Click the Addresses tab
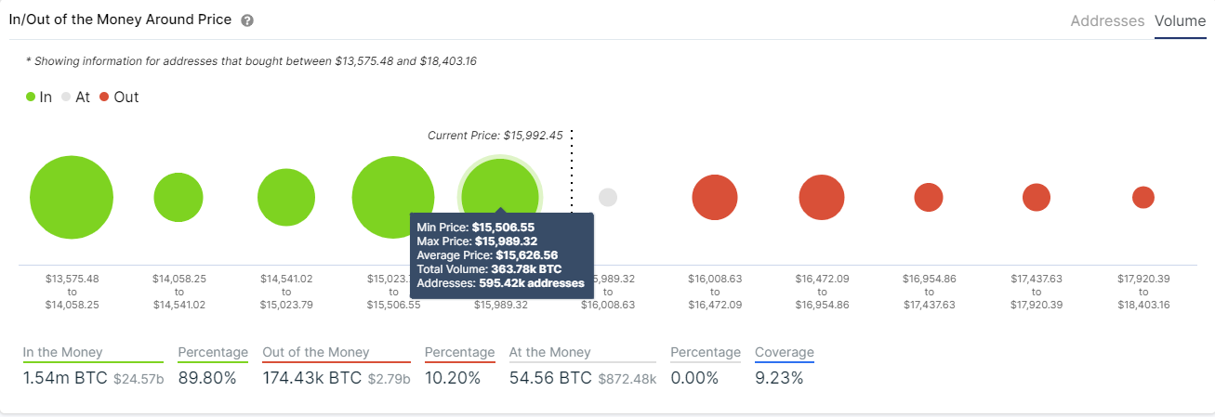pyautogui.click(x=1107, y=20)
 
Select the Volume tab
pyautogui.click(x=1180, y=20)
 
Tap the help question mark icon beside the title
pyautogui.click(x=246, y=20)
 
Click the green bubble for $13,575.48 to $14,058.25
pyautogui.click(x=72, y=198)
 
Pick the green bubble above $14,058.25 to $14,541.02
pyautogui.click(x=178, y=197)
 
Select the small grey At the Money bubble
pyautogui.click(x=608, y=197)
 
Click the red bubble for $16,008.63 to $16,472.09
pyautogui.click(x=715, y=197)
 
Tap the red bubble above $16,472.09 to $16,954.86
pyautogui.click(x=822, y=197)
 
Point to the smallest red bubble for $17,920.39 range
pyautogui.click(x=1143, y=197)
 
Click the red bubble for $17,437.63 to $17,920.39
pyautogui.click(x=1037, y=197)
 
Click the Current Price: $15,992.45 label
pyautogui.click(x=495, y=136)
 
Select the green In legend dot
pyautogui.click(x=31, y=97)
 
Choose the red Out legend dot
pyautogui.click(x=104, y=97)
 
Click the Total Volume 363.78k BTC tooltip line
pyautogui.click(x=489, y=268)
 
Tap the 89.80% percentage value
pyautogui.click(x=206, y=378)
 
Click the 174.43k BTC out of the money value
pyautogui.click(x=313, y=378)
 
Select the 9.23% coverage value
pyautogui.click(x=779, y=378)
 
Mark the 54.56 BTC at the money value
pyautogui.click(x=550, y=378)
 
